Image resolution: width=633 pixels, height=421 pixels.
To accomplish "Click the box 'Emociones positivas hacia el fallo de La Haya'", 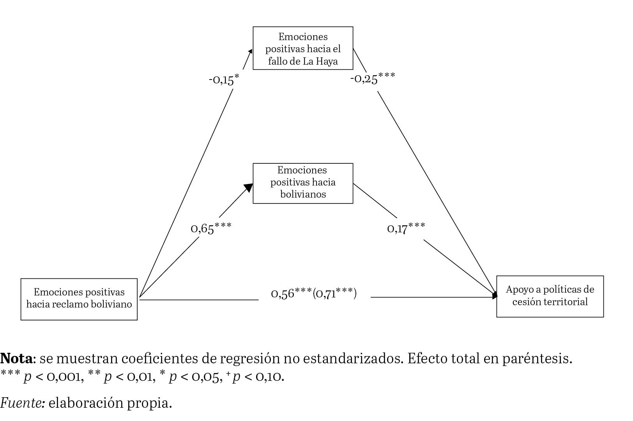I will click(303, 48).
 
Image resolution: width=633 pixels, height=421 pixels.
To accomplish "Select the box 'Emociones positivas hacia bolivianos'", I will click(303, 183).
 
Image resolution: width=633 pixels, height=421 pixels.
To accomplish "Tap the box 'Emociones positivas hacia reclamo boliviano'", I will click(79, 299).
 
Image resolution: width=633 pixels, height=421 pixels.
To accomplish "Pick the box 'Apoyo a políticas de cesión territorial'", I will click(550, 296).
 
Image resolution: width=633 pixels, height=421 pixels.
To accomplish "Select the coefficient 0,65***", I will click(211, 228).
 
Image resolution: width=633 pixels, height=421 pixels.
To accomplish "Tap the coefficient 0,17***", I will click(406, 228).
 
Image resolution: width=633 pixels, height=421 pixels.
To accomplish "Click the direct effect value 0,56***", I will click(291, 294).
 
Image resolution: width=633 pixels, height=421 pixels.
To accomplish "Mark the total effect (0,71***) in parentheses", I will click(335, 294).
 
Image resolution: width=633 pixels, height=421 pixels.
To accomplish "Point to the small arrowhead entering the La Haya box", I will click(250, 52).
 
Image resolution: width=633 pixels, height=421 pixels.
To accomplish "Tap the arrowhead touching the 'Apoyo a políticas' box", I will click(495, 295).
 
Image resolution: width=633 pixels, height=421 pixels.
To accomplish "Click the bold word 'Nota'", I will click(16, 358).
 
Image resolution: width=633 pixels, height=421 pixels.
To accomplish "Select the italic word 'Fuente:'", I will click(22, 403).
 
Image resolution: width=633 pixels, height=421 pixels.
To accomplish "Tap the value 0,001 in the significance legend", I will click(65, 377).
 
